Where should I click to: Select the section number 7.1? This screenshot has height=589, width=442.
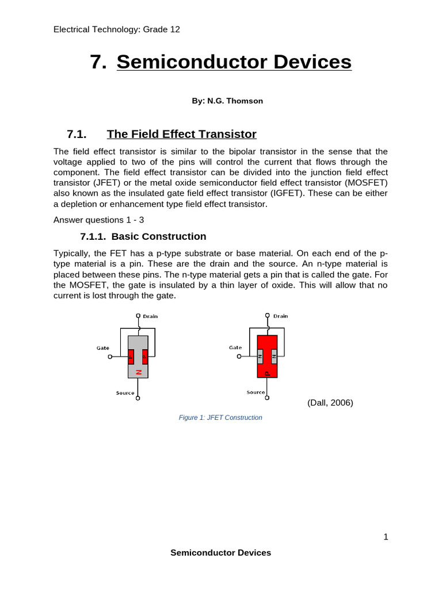click(77, 135)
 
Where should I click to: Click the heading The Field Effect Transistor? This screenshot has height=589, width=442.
click(181, 135)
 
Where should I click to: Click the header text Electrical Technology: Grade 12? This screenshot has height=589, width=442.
click(116, 29)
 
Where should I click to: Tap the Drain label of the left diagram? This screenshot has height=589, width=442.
click(150, 316)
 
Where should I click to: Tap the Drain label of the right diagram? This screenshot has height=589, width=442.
click(281, 316)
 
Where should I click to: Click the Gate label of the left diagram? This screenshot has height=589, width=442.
click(103, 348)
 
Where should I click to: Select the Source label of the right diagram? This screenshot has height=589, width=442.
click(256, 392)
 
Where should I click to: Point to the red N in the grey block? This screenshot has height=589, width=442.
click(138, 372)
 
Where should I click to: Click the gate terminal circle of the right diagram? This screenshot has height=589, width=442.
click(239, 357)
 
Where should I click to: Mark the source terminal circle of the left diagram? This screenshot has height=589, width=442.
click(138, 398)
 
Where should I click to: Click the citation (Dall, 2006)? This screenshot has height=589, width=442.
click(330, 403)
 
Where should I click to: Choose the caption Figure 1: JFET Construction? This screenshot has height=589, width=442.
click(220, 418)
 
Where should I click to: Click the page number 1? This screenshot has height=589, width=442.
click(386, 537)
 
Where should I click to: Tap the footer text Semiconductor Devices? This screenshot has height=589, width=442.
click(220, 553)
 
